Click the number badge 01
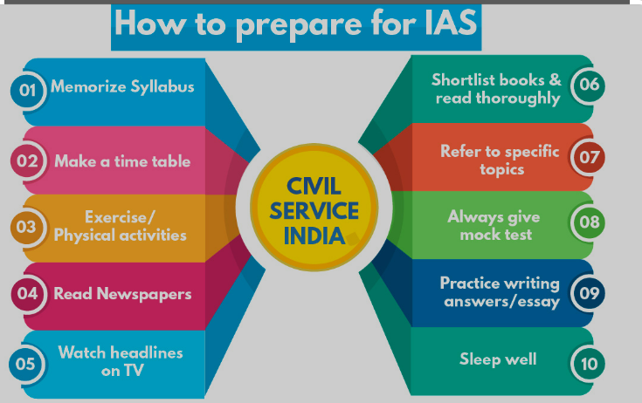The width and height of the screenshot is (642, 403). [27, 90]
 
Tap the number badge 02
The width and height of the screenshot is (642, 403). [27, 161]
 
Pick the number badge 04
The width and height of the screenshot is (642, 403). [27, 293]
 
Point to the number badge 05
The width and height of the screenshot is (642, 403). [25, 362]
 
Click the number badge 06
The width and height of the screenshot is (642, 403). [590, 85]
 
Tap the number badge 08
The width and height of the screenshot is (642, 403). [590, 222]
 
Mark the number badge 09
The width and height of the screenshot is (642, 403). [590, 292]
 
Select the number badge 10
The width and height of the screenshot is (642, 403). [590, 362]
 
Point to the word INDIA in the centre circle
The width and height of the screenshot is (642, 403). [312, 236]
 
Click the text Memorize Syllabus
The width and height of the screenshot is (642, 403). [122, 86]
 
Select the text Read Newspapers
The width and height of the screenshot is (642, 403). [122, 294]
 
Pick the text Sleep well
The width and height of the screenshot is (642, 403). [498, 359]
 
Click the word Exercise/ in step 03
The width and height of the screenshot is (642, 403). [120, 217]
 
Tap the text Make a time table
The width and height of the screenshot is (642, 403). [122, 161]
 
